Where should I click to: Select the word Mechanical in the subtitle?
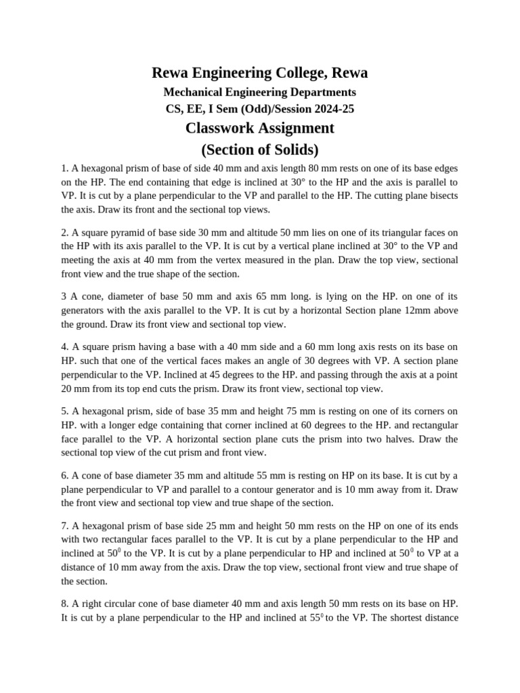pyautogui.click(x=196, y=91)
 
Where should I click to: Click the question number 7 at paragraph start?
pyautogui.click(x=64, y=525)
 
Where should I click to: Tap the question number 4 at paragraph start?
pyautogui.click(x=64, y=346)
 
